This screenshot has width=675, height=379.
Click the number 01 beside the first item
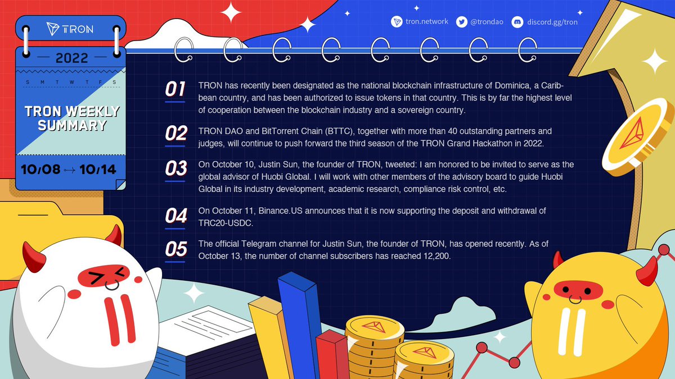click(x=175, y=89)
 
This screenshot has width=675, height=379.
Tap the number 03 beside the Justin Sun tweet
click(x=175, y=168)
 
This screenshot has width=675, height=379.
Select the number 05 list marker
click(x=175, y=249)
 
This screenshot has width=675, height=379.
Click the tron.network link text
click(x=426, y=22)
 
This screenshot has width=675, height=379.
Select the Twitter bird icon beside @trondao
click(x=462, y=22)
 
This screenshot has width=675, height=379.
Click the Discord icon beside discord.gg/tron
click(x=517, y=22)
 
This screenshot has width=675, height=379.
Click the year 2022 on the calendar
click(x=71, y=58)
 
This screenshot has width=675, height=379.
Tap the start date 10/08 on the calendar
click(x=41, y=169)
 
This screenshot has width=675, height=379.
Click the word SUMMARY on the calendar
click(x=72, y=125)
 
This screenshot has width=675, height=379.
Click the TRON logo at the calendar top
click(x=71, y=29)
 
